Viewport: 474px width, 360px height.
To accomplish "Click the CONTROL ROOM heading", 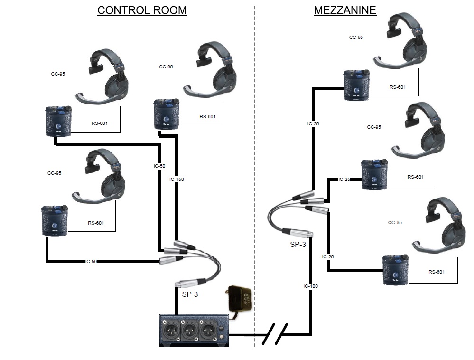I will pos(142,10).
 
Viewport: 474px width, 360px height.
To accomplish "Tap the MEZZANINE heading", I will pos(345,10).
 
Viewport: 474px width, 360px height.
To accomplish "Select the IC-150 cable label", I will pos(177,180).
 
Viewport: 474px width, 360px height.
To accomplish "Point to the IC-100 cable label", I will pos(311,286).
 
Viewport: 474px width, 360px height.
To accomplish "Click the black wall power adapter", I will pos(240,299).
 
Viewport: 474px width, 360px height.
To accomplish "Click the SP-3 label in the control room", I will pos(190,294).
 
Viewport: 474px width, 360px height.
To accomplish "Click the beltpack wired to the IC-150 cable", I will pos(166,114).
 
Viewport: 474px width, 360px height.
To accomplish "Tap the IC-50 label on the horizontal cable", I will pos(92,261).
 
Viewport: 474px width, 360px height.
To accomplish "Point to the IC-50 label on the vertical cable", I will pos(159,166).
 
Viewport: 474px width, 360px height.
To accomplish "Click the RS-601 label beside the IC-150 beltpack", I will pos(207,116).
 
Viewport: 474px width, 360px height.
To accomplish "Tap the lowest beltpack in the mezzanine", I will pos(395,270).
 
